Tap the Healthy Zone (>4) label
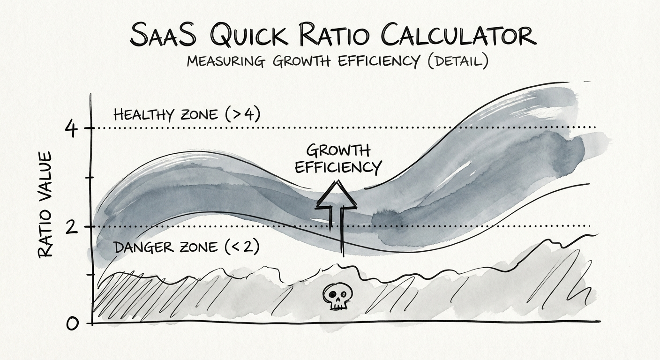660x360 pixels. pyautogui.click(x=187, y=115)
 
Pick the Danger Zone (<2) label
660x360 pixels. pyautogui.click(x=187, y=247)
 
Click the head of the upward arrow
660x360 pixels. pyautogui.click(x=337, y=195)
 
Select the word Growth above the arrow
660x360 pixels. pyautogui.click(x=337, y=151)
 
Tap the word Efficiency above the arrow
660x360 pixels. pyautogui.click(x=338, y=166)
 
